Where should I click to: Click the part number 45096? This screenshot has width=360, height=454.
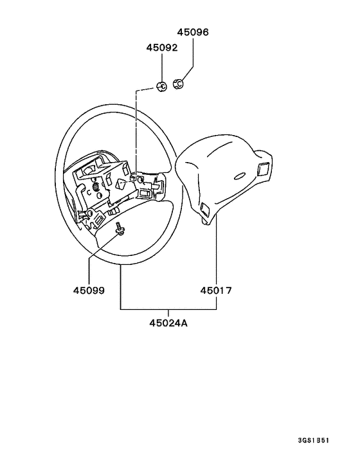(x=193, y=32)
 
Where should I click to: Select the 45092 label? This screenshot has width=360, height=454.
(x=162, y=48)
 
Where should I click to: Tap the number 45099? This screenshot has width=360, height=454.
(x=89, y=291)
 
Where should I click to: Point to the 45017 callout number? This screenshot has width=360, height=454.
(x=216, y=291)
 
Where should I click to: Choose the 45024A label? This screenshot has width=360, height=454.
(x=168, y=323)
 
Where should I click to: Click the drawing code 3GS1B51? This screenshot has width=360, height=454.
(x=314, y=440)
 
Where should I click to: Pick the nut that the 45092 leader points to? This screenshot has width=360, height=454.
(x=162, y=86)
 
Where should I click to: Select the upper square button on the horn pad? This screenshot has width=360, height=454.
(x=263, y=169)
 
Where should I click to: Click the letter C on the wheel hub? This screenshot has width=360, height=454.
(x=89, y=191)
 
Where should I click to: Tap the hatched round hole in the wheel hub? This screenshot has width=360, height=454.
(x=95, y=187)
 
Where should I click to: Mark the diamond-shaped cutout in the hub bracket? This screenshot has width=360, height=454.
(x=121, y=185)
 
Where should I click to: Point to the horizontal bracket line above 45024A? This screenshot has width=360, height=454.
(x=168, y=309)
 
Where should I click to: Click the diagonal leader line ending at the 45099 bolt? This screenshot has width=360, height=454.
(x=104, y=246)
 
